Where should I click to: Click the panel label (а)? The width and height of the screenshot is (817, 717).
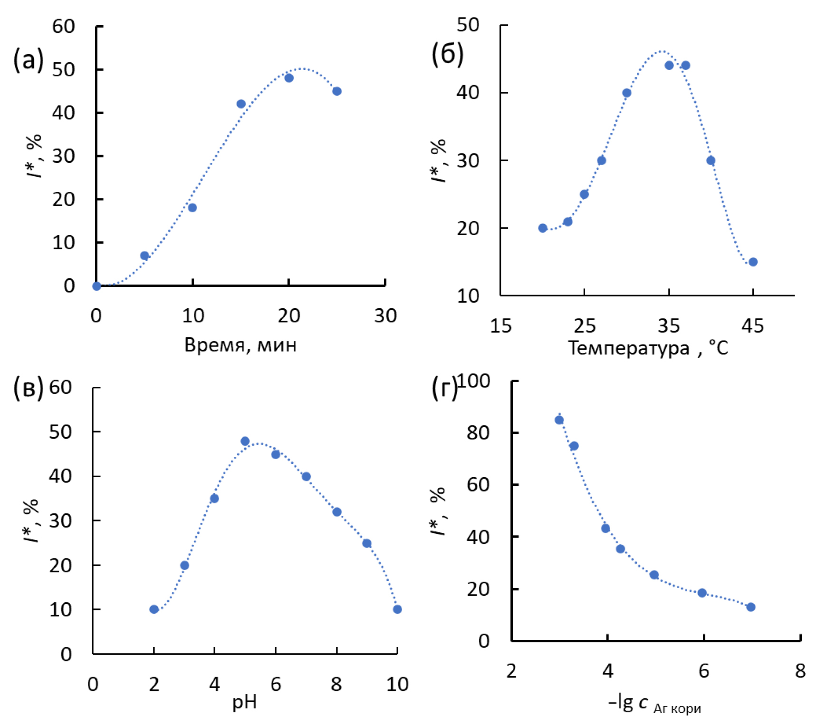pyautogui.click(x=29, y=60)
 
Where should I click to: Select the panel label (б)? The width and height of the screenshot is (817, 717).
pyautogui.click(x=447, y=54)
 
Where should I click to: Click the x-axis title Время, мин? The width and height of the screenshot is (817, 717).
pyautogui.click(x=240, y=345)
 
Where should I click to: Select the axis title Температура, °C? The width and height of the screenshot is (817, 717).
pyautogui.click(x=648, y=348)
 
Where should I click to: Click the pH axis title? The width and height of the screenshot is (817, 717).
pyautogui.click(x=244, y=702)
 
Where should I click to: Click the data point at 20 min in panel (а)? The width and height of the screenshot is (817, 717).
pyautogui.click(x=289, y=78)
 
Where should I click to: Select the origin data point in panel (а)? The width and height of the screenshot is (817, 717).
pyautogui.click(x=96, y=286)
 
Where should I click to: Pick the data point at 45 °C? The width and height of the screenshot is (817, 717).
pyautogui.click(x=753, y=262)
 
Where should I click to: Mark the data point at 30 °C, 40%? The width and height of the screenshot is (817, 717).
pyautogui.click(x=626, y=93)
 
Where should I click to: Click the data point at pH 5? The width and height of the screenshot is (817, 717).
pyautogui.click(x=245, y=442)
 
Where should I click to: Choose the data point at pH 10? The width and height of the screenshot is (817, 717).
pyautogui.click(x=397, y=609)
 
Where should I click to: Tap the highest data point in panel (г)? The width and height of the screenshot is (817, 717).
pyautogui.click(x=559, y=420)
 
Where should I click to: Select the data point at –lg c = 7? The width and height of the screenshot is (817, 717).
pyautogui.click(x=751, y=607)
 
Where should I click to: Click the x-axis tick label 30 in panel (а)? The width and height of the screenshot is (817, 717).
pyautogui.click(x=385, y=316)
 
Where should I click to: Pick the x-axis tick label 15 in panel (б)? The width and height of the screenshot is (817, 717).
pyautogui.click(x=500, y=326)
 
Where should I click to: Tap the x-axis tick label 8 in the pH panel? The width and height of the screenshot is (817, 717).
pyautogui.click(x=336, y=685)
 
